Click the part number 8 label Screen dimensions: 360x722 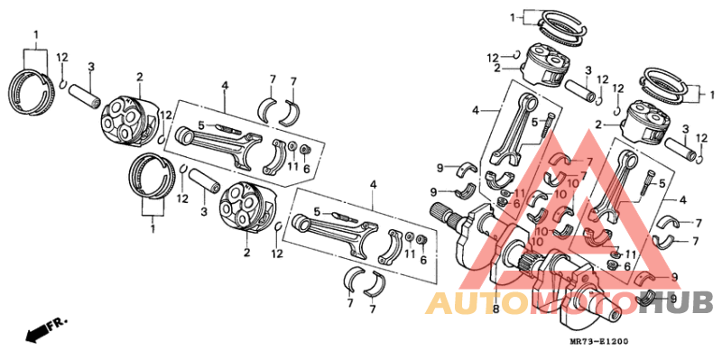(x=495, y=309)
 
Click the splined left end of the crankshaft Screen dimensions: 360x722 (x=445, y=217)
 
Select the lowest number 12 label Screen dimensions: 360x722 (x=277, y=254)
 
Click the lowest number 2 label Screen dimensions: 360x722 (x=245, y=254)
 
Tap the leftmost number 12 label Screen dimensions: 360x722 (x=62, y=57)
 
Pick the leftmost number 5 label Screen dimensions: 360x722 (x=202, y=125)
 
